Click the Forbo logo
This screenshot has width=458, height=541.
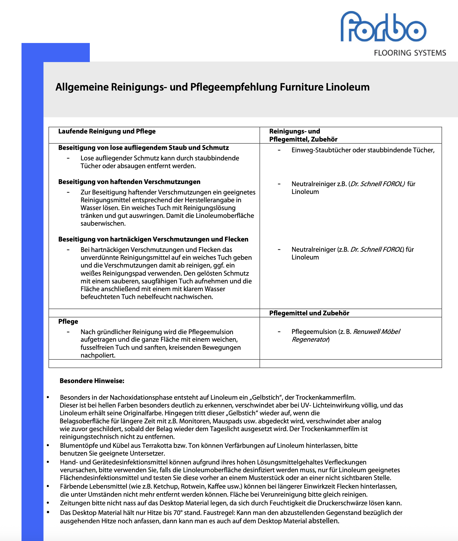point(383,27)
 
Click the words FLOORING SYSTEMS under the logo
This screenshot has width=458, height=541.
point(410,53)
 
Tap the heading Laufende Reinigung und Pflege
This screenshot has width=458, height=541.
point(107,131)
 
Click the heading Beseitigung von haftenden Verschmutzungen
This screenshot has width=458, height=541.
point(129,182)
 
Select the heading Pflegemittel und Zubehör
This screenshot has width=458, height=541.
point(309,313)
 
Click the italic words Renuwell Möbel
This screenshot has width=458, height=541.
point(377,332)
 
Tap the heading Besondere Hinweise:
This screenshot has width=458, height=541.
point(92,381)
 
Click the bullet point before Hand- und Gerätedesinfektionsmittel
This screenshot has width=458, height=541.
point(48,462)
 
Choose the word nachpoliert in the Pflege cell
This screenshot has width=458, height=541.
point(98,356)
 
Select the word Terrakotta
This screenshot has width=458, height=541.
point(157,446)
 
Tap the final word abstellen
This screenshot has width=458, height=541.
point(323,521)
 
